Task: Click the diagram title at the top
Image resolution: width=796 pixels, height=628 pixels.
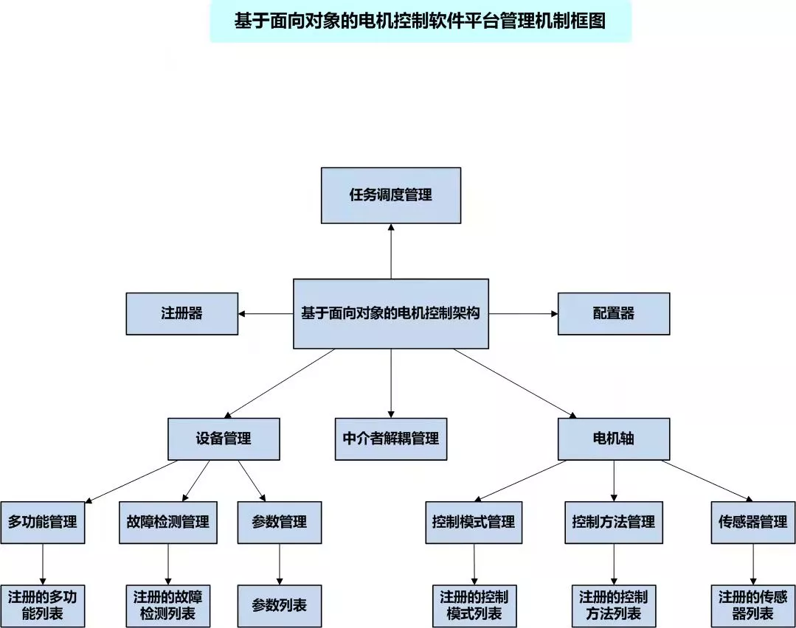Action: pos(420,21)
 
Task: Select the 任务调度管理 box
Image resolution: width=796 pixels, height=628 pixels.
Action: pos(391,195)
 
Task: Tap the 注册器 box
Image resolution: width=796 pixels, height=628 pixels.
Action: pos(181,313)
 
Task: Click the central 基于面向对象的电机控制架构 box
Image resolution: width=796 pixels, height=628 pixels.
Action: pos(391,313)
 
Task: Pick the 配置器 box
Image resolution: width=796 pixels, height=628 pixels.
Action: pos(614,313)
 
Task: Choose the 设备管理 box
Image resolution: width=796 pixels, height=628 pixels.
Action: pos(224,439)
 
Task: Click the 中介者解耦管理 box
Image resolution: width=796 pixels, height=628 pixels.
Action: pos(391,439)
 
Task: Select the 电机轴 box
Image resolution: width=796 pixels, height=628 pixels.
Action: pos(614,439)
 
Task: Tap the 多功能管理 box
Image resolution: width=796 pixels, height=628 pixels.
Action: pos(43,523)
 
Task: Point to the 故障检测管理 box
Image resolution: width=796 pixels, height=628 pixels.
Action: pos(168,523)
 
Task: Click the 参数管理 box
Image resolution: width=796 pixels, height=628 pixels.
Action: pos(279,523)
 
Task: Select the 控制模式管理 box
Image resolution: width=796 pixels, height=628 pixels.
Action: pos(474,523)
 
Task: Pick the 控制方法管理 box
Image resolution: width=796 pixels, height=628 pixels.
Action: pos(614,523)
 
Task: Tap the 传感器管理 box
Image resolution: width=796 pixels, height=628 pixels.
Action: pos(753,523)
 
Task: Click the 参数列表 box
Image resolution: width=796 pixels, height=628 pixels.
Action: pos(279,606)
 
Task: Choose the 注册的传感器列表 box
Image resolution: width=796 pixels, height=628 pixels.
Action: pos(753,606)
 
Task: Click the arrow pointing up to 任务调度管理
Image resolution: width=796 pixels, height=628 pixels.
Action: pos(391,251)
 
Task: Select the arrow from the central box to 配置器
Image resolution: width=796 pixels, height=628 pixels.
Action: pos(523,313)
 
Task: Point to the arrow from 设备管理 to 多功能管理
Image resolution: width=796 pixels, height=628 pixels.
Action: pos(131,482)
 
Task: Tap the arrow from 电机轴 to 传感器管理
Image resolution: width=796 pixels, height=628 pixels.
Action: pos(707,481)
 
